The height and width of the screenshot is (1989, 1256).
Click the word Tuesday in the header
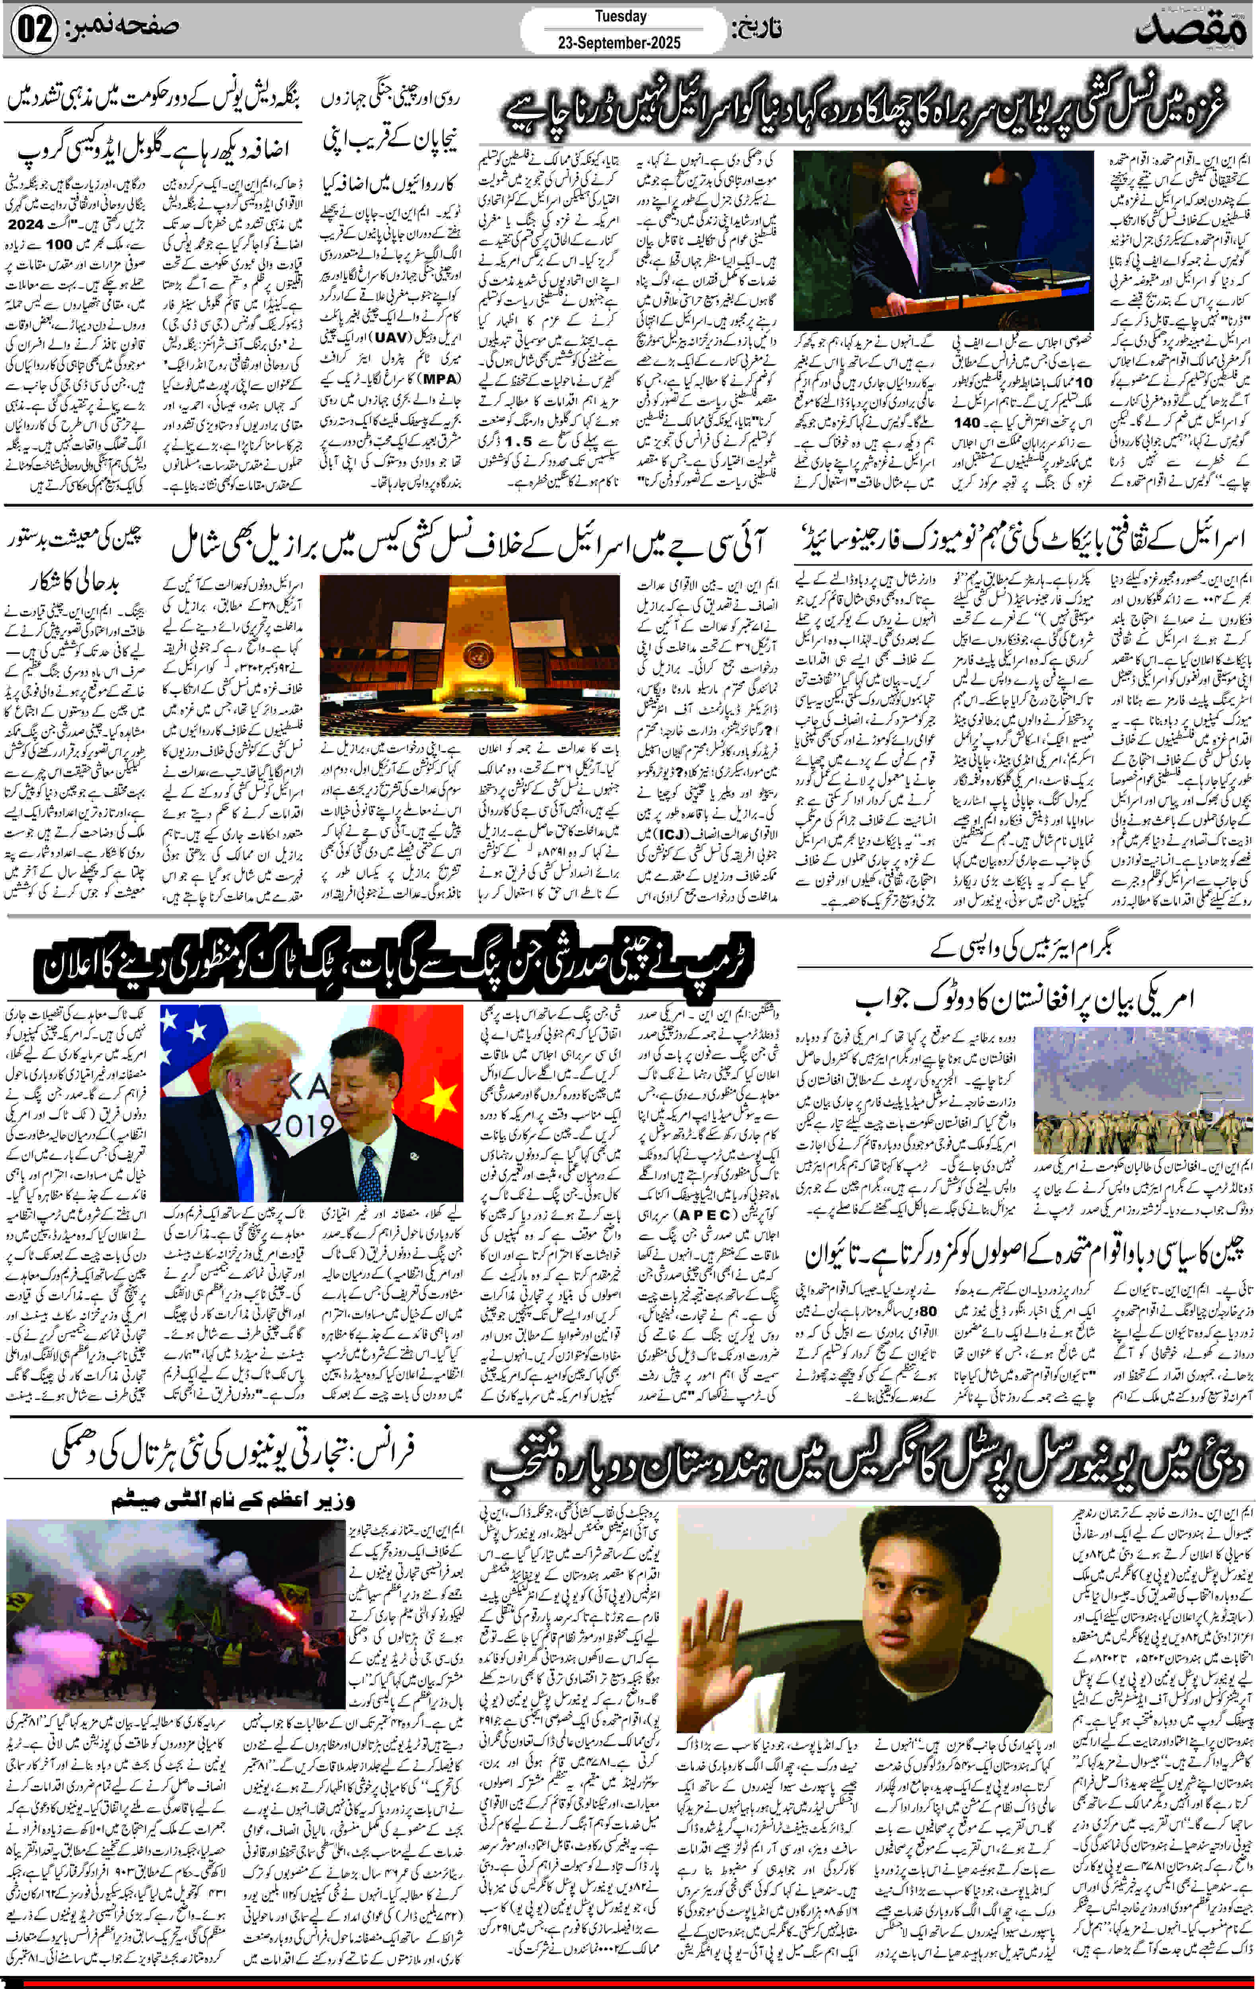621,16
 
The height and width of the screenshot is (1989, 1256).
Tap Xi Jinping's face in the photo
360,1090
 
